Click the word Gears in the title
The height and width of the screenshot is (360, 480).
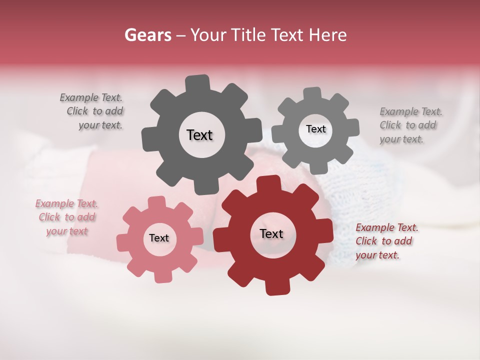147,35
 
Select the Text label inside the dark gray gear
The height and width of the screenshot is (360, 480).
199,135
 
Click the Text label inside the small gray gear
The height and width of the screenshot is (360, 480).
315,129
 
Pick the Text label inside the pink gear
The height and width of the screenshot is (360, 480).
159,238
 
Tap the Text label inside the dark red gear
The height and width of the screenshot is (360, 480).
271,233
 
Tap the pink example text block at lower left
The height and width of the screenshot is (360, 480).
67,217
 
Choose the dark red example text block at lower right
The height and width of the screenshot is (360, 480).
386,241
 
